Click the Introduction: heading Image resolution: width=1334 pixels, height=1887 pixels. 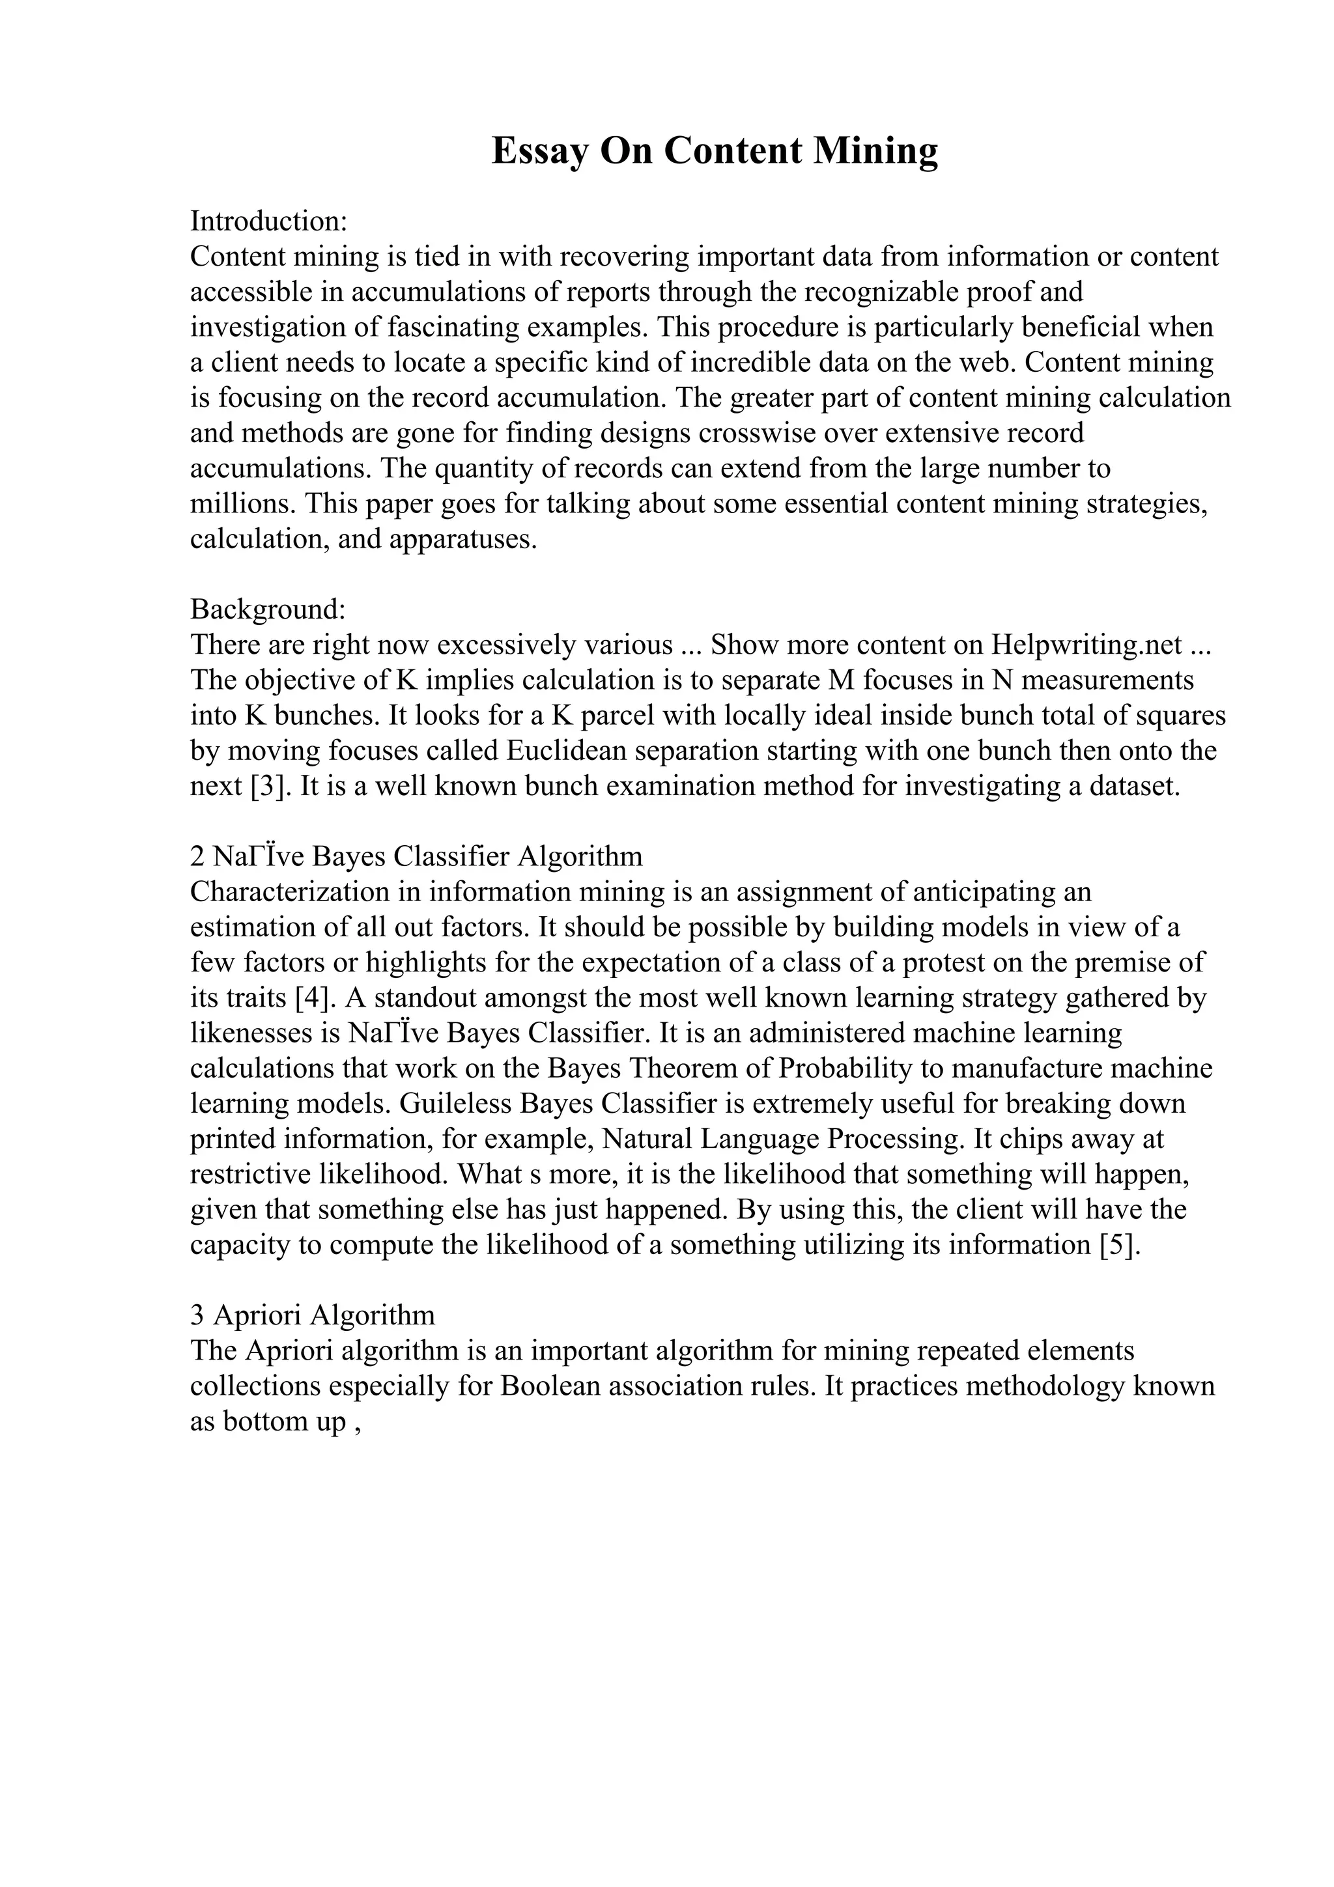click(270, 221)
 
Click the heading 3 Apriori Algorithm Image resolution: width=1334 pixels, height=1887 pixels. click(313, 1315)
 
